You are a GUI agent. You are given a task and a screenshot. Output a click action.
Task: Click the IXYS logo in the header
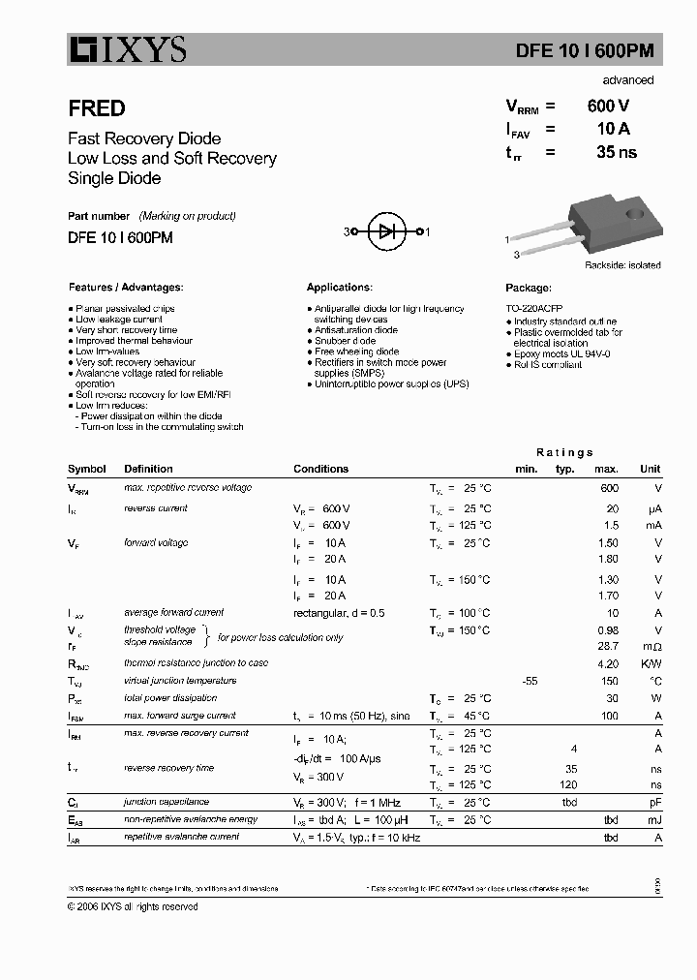(127, 48)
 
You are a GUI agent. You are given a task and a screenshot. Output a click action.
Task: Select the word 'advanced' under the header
(627, 80)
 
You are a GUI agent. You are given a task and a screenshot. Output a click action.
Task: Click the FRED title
(96, 109)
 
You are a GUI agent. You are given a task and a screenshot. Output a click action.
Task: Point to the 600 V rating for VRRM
(607, 107)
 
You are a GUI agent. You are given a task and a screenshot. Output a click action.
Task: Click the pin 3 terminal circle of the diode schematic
(354, 232)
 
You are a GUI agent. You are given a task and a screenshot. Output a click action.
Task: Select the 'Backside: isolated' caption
(622, 265)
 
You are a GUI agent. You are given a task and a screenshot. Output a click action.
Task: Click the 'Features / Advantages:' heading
(126, 288)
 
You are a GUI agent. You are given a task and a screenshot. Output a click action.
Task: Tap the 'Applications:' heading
(339, 288)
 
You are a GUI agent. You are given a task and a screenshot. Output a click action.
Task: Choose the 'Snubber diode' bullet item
(345, 341)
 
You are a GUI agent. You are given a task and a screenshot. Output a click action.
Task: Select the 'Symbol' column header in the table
(87, 469)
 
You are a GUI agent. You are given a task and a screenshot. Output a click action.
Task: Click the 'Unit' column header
(650, 469)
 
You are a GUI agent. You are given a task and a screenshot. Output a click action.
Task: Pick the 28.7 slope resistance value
(608, 645)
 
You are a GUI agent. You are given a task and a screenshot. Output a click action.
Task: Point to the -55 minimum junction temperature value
(529, 681)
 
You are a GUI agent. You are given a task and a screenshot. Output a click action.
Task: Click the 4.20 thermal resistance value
(608, 663)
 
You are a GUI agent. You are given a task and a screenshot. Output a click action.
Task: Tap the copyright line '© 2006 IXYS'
(133, 906)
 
